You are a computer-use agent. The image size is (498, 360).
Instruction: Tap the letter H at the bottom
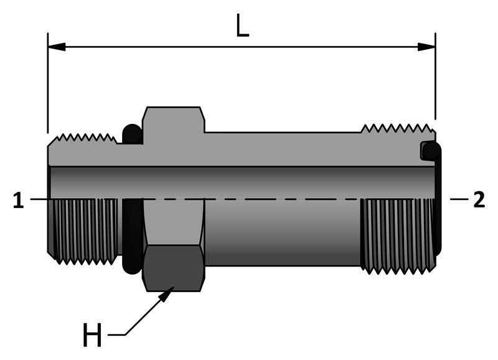pyautogui.click(x=92, y=336)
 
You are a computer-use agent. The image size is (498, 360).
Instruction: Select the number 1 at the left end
pyautogui.click(x=19, y=200)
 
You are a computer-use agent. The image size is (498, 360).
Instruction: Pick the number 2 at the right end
pyautogui.click(x=479, y=200)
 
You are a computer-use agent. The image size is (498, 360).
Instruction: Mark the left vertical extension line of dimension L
pyautogui.click(x=48, y=87)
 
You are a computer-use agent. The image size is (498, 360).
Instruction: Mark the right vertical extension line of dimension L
pyautogui.click(x=435, y=81)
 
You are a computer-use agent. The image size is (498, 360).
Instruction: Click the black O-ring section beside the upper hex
pyautogui.click(x=132, y=134)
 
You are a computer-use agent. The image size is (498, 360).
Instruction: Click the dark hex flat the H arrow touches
pyautogui.click(x=174, y=268)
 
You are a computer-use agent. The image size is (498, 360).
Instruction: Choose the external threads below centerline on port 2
pyautogui.click(x=397, y=234)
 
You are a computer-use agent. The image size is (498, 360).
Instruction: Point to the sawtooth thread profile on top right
pyautogui.click(x=397, y=129)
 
